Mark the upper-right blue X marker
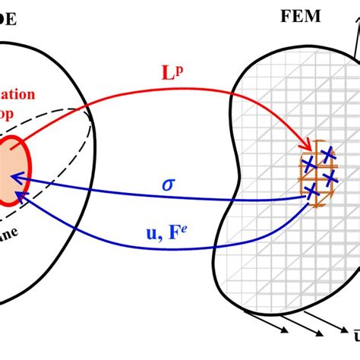coord(327,155)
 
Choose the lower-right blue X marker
coord(330,178)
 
